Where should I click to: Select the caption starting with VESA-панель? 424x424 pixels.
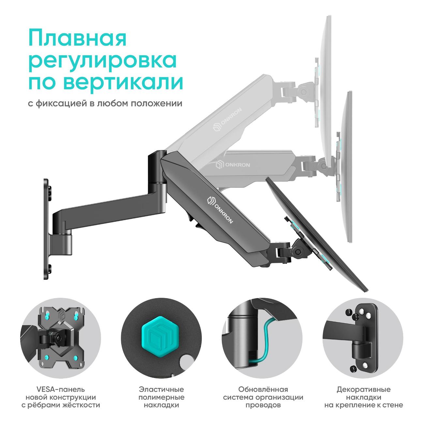pos(60,397)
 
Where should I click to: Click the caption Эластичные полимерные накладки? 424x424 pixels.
pos(161,397)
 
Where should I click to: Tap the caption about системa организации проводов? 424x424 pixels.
pos(263,397)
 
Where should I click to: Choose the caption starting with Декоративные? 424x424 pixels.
pos(363,397)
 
